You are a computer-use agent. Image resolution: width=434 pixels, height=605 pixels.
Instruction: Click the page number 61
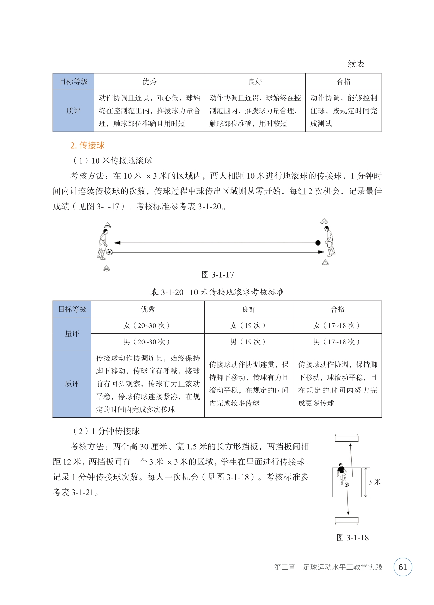[x=403, y=567]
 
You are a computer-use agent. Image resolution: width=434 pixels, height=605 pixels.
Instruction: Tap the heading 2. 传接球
[x=87, y=145]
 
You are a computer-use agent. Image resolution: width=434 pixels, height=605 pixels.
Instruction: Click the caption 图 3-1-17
[x=218, y=275]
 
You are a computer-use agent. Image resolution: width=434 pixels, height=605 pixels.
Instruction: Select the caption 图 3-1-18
[x=353, y=538]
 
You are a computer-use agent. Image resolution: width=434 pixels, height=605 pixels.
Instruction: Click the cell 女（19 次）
[x=249, y=325]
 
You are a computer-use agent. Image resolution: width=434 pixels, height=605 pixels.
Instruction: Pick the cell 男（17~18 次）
[x=337, y=342]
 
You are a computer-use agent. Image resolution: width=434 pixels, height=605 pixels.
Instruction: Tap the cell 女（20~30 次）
[x=148, y=325]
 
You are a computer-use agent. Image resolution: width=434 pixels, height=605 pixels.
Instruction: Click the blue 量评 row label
[x=72, y=334]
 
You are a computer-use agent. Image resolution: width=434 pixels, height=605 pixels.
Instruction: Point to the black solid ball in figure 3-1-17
[x=318, y=243]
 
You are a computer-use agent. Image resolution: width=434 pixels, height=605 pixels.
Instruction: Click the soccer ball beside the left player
[x=109, y=252]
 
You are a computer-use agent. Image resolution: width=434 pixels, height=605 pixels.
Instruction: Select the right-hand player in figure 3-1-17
[x=329, y=241]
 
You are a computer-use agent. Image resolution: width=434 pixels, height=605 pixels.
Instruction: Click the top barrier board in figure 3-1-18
[x=346, y=438]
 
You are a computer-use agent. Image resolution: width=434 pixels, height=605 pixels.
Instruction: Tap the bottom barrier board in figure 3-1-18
[x=346, y=520]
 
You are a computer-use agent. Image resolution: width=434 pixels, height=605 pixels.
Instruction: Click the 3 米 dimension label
[x=374, y=482]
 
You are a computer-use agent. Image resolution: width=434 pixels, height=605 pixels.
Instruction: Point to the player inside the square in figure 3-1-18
[x=342, y=473]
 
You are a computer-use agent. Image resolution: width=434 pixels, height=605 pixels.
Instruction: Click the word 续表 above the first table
[x=356, y=64]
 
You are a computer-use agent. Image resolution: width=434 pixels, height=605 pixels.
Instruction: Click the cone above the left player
[x=107, y=225]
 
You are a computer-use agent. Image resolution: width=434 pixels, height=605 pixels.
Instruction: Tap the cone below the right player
[x=325, y=263]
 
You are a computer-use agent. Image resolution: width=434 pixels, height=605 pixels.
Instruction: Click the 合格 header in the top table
[x=344, y=82]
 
